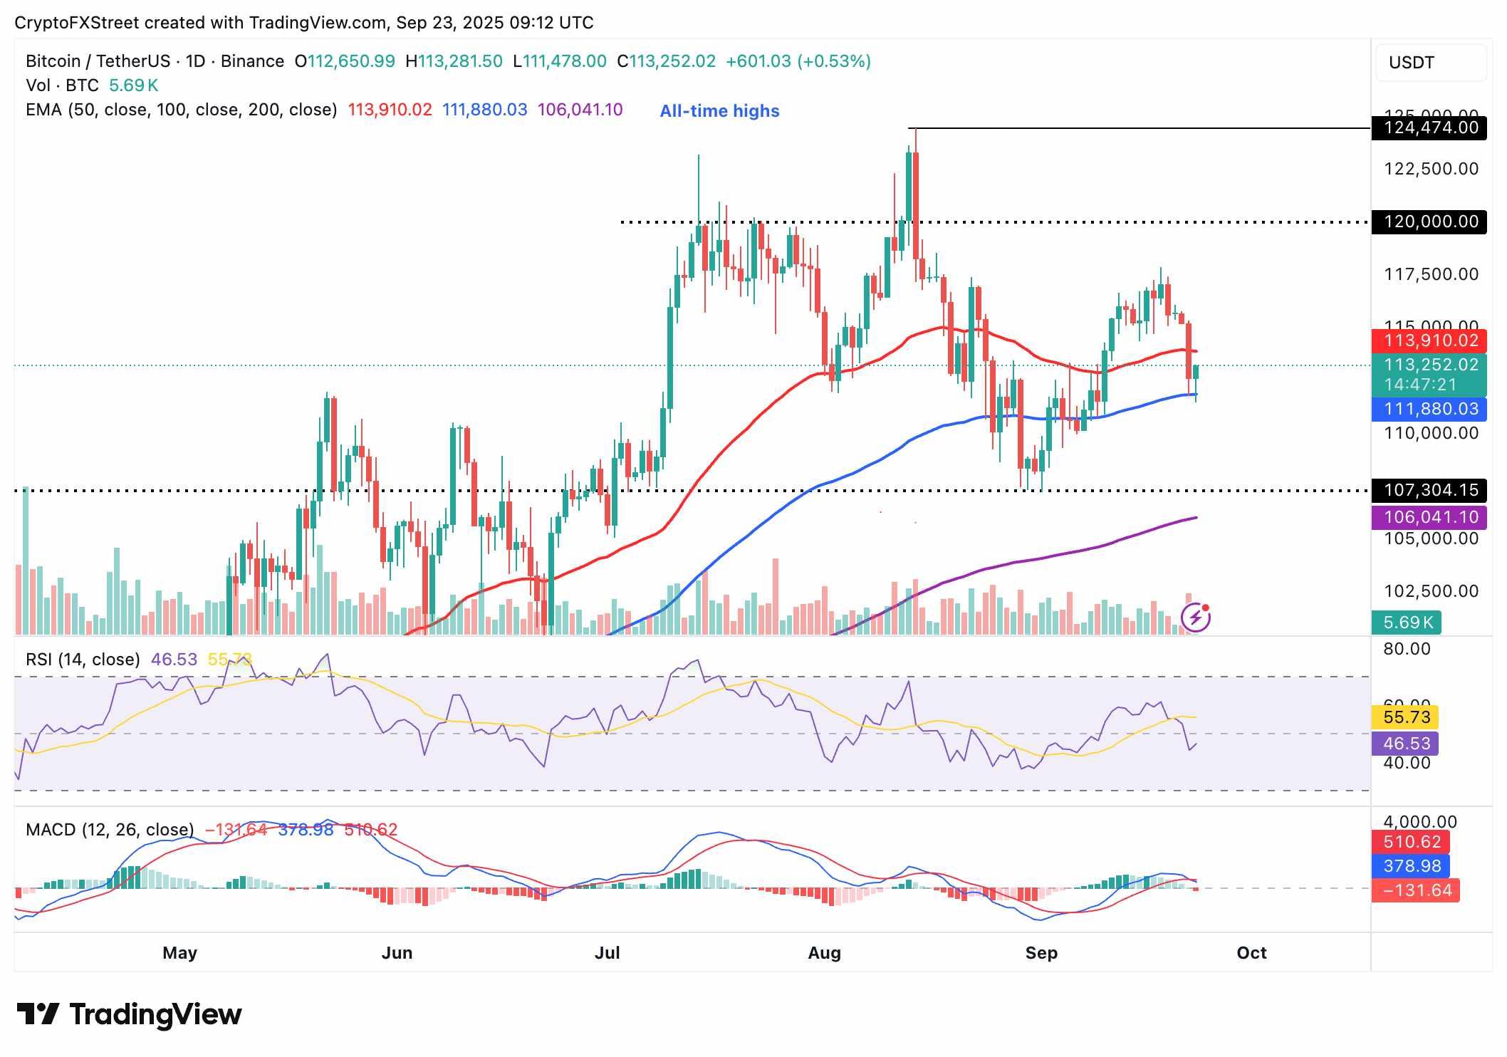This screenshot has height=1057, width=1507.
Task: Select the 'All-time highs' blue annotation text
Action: click(x=719, y=111)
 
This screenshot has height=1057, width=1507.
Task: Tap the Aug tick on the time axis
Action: click(x=824, y=953)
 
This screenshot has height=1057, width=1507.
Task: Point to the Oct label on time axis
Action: click(x=1251, y=953)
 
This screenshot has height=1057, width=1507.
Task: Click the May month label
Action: click(x=179, y=953)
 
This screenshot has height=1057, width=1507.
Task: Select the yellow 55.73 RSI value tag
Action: click(x=1405, y=717)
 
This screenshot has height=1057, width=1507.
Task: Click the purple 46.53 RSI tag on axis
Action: click(x=1405, y=744)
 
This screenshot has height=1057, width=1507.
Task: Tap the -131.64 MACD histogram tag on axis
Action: click(x=1416, y=890)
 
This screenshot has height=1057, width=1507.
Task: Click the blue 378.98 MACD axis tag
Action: click(x=1411, y=866)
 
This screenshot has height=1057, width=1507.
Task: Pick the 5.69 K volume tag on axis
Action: click(x=1407, y=623)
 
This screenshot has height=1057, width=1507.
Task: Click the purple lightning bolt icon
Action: click(x=1196, y=617)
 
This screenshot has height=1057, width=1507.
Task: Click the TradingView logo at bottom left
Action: click(x=130, y=1014)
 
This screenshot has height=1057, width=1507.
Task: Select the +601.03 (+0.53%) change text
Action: click(x=798, y=61)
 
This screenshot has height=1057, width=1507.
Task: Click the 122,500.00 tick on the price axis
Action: click(x=1430, y=169)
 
